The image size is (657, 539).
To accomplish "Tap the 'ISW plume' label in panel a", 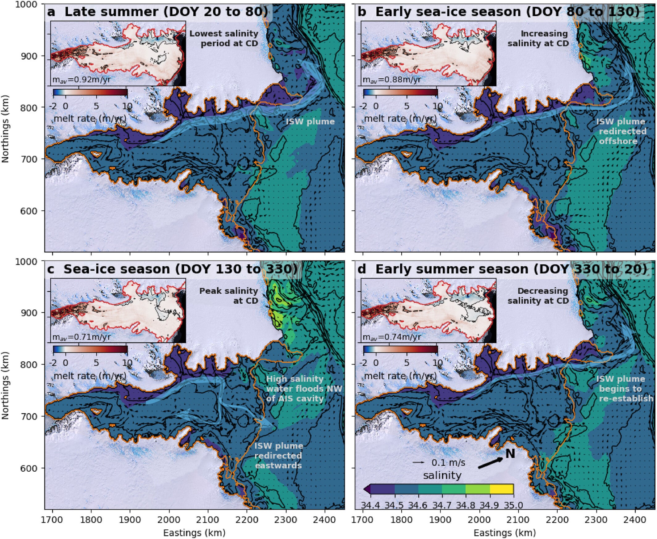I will (310, 121).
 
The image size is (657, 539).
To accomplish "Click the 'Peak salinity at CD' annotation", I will (229, 296).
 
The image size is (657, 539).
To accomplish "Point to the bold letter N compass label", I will (510, 454).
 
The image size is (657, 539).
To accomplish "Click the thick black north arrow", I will (490, 463).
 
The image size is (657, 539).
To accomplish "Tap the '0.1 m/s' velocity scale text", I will (448, 463).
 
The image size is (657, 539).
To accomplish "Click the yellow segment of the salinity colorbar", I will (501, 489).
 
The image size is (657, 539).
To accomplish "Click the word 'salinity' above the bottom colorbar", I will (442, 475).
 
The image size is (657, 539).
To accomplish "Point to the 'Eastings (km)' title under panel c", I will (194, 533).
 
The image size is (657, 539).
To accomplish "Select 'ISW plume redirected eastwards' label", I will (278, 456).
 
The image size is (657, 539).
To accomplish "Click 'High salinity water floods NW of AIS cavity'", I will (304, 388).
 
